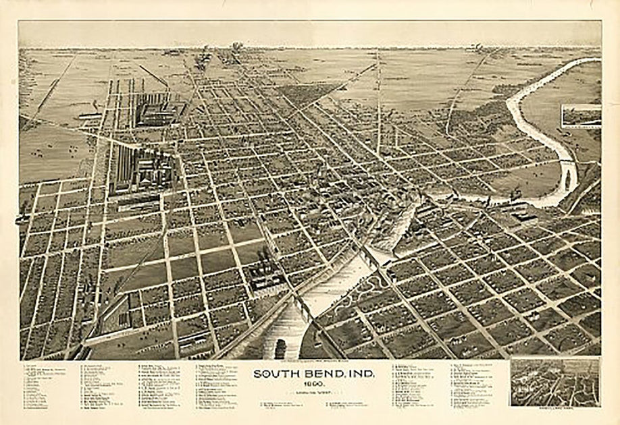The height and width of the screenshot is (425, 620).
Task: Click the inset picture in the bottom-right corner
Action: pyautogui.click(x=554, y=381)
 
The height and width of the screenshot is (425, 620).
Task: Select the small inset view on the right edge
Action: pyautogui.click(x=581, y=115)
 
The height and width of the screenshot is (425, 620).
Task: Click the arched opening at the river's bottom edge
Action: pyautogui.click(x=279, y=349)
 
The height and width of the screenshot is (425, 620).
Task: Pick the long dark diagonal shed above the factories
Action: pyautogui.click(x=154, y=76)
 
